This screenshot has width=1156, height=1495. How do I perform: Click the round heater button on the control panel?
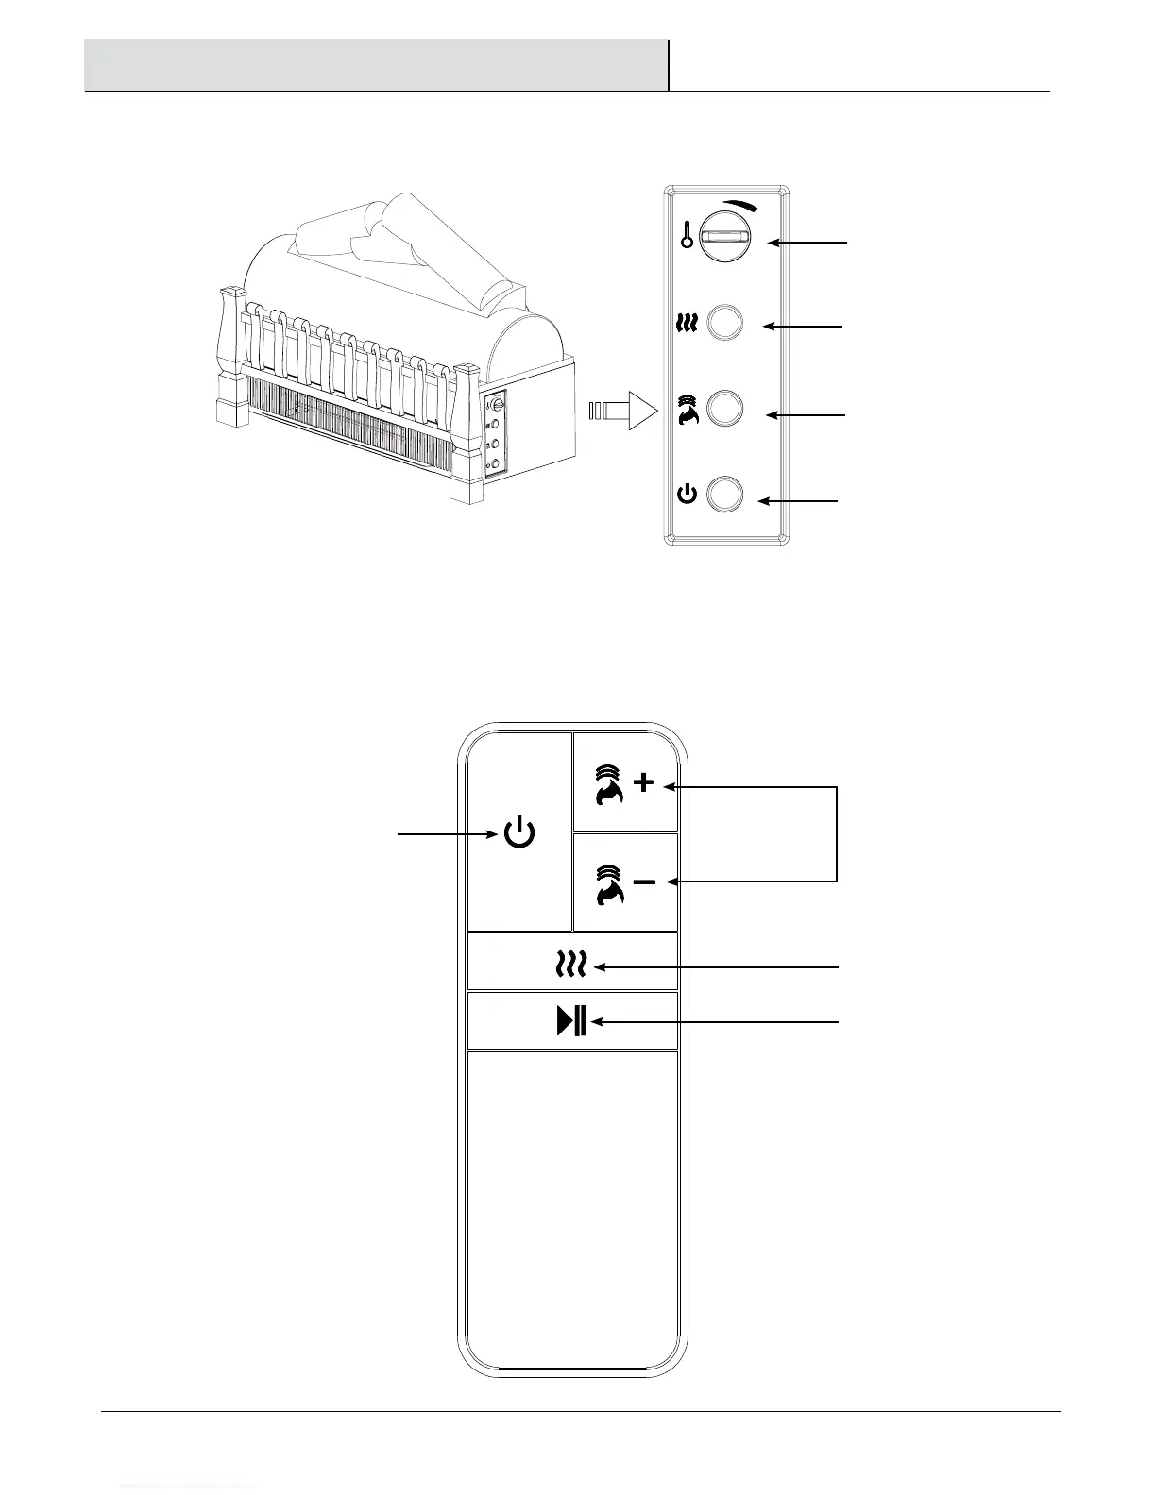[x=725, y=323]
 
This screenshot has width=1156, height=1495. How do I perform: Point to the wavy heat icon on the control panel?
[x=688, y=324]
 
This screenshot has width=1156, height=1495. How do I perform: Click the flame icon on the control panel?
[x=688, y=409]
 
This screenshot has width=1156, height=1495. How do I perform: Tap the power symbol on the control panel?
[x=688, y=494]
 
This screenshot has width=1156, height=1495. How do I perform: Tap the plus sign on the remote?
[x=644, y=783]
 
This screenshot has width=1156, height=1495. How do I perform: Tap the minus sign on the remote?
[x=644, y=882]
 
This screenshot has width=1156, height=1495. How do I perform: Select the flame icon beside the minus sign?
[x=610, y=884]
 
